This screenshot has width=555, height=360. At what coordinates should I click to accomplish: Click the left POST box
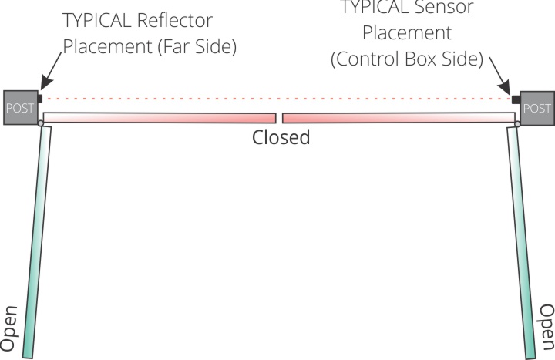click(18, 107)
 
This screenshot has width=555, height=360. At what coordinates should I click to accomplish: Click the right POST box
click(536, 108)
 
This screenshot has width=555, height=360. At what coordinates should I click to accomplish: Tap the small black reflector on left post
click(39, 99)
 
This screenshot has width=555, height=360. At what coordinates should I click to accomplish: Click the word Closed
click(281, 138)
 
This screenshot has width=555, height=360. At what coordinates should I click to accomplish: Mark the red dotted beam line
click(277, 99)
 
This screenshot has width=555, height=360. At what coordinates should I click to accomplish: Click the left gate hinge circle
click(40, 123)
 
